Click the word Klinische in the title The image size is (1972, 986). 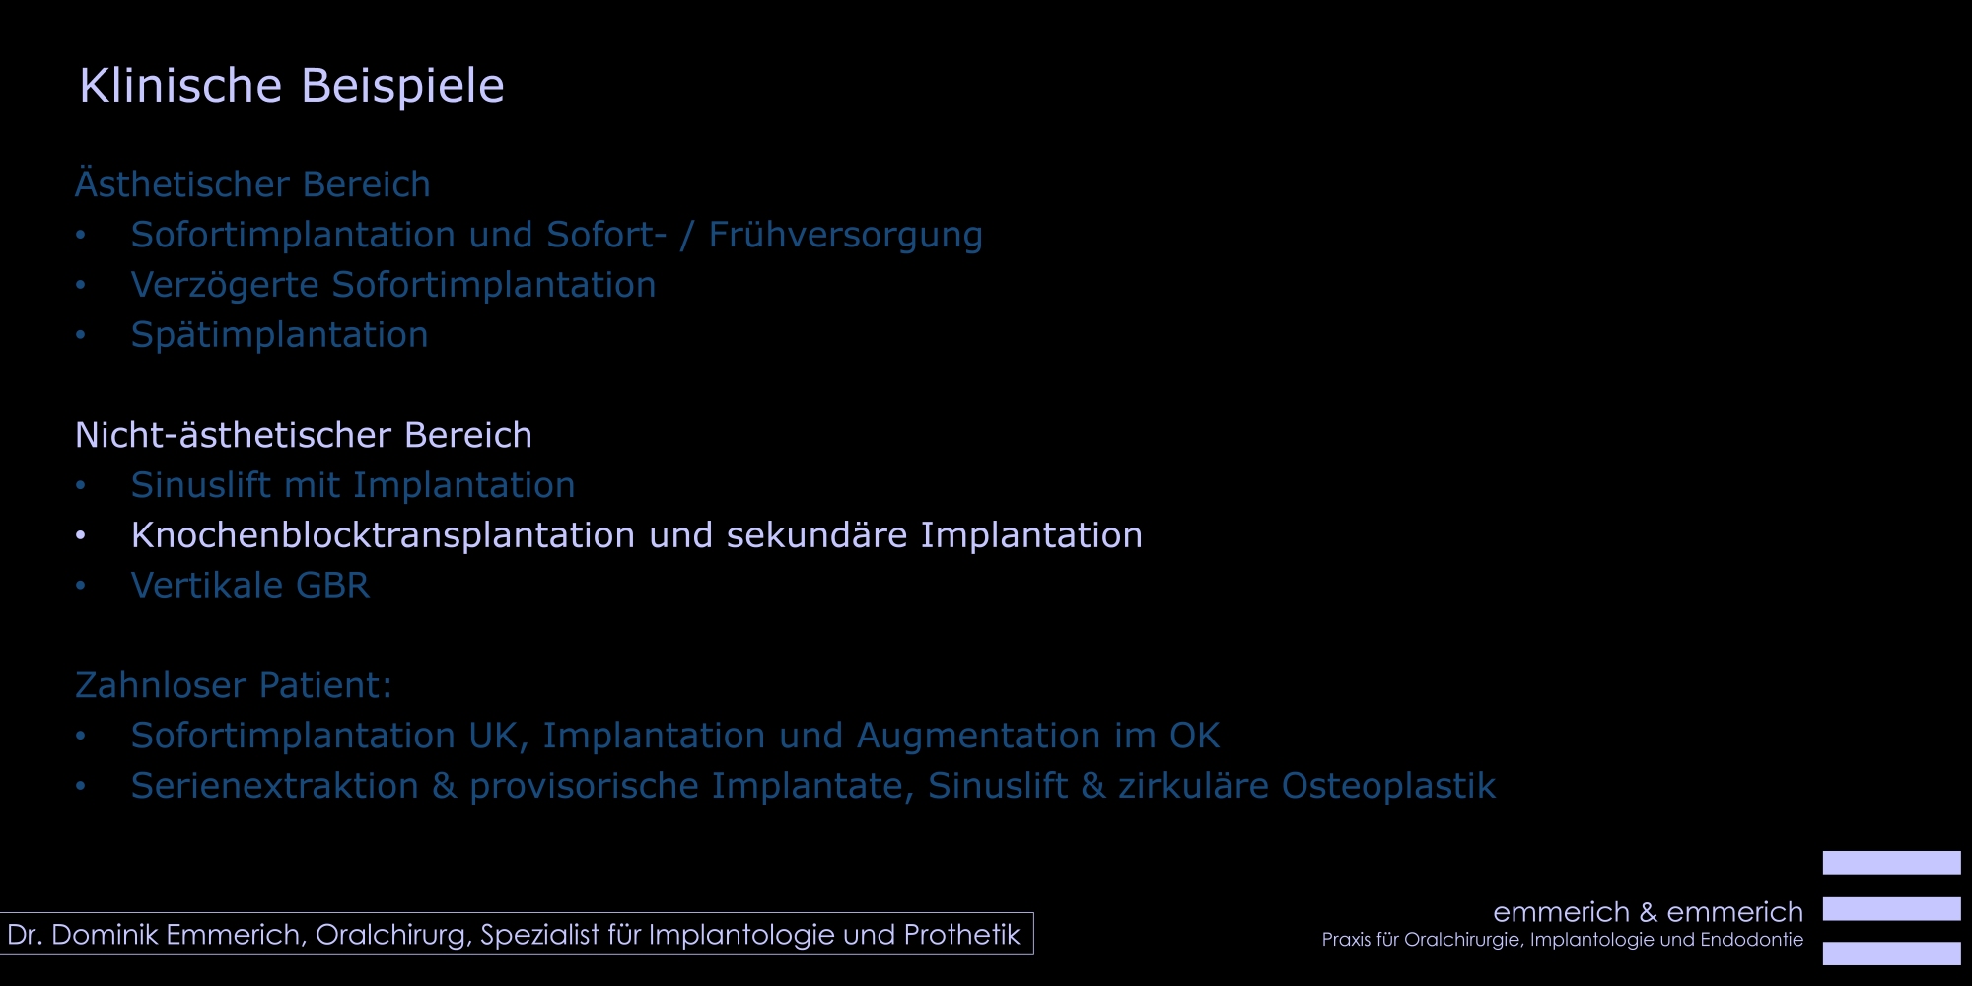click(180, 85)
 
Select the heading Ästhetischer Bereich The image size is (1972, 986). click(252, 183)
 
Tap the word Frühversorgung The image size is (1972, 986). click(845, 235)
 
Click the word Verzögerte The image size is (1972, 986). click(225, 285)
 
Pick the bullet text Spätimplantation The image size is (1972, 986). click(279, 335)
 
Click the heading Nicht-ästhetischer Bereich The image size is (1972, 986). click(304, 435)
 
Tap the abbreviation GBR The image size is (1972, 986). click(333, 586)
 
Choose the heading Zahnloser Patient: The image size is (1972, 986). click(234, 685)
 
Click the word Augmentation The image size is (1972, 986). click(978, 736)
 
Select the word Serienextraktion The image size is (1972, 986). click(275, 786)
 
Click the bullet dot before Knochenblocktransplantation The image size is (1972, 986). click(81, 536)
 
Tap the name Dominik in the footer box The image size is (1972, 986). click(106, 935)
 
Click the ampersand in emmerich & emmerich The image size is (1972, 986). click(1649, 912)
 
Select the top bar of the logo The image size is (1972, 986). click(1891, 863)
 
